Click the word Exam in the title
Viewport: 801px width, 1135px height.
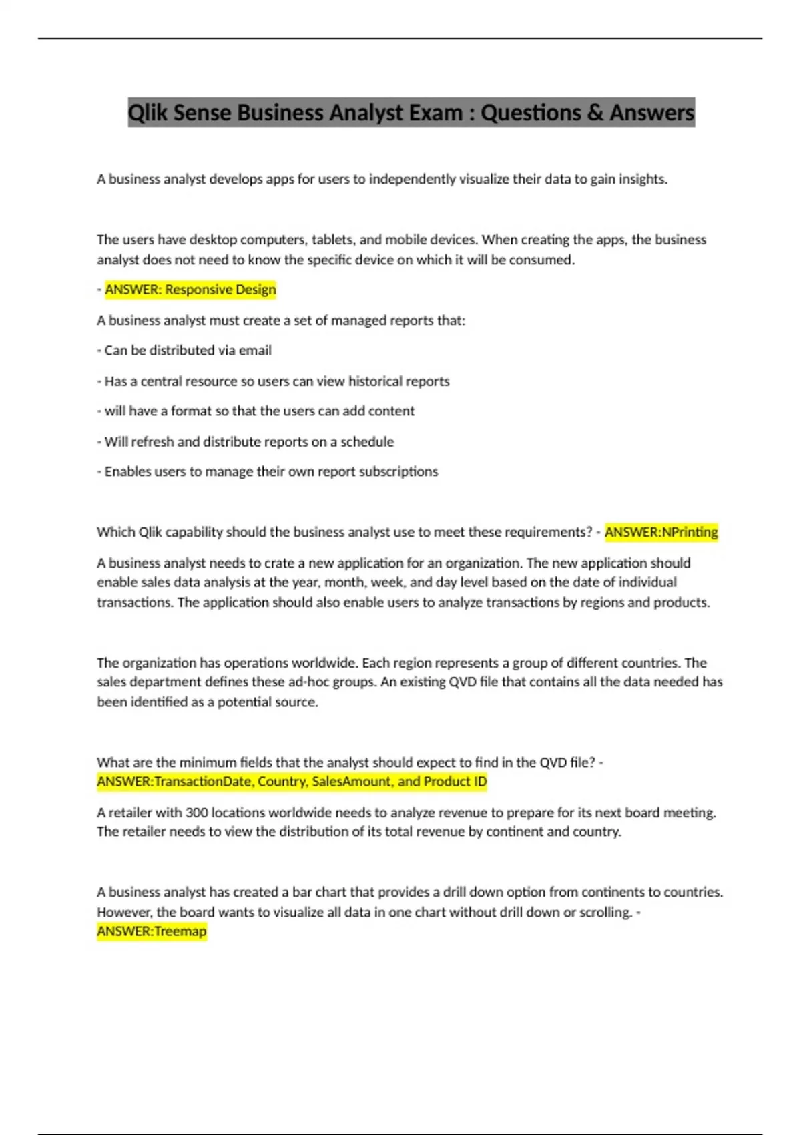pos(435,113)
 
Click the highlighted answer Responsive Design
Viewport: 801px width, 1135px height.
pos(190,290)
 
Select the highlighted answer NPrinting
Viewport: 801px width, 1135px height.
pos(661,532)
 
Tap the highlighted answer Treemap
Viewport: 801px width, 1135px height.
pos(152,931)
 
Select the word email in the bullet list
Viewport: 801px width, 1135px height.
pos(255,351)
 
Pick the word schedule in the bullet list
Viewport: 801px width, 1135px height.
pos(367,442)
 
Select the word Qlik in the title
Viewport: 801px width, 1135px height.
pos(148,113)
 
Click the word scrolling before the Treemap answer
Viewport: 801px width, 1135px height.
pos(603,912)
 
